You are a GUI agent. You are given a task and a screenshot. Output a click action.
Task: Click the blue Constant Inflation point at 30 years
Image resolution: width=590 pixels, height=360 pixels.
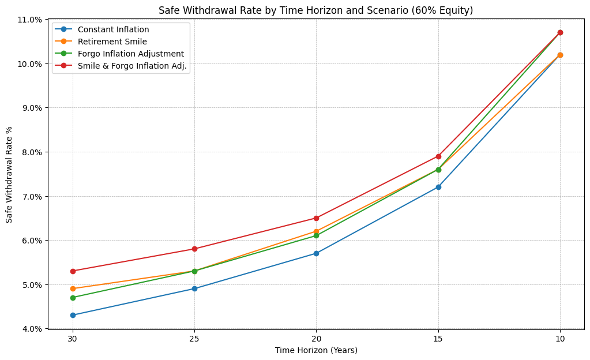pyautogui.click(x=73, y=315)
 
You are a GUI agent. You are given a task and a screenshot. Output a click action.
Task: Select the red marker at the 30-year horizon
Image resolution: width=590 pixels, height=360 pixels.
pyautogui.click(x=73, y=271)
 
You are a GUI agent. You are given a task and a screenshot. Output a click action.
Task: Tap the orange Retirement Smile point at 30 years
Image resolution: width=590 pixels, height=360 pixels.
pyautogui.click(x=73, y=288)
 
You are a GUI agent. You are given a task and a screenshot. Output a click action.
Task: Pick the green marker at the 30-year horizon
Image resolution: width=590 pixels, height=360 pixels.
pyautogui.click(x=73, y=298)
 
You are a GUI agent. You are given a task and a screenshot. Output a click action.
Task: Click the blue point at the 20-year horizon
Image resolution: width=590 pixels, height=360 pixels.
pyautogui.click(x=316, y=253)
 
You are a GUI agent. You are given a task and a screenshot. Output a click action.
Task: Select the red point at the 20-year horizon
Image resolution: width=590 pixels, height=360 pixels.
pyautogui.click(x=316, y=218)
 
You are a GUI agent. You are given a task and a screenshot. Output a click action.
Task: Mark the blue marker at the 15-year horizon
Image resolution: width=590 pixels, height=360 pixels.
pyautogui.click(x=438, y=187)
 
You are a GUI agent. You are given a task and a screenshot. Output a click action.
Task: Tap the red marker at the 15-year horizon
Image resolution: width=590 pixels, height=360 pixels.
pyautogui.click(x=438, y=156)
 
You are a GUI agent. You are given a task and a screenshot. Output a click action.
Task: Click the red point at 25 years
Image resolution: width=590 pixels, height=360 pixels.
pyautogui.click(x=194, y=249)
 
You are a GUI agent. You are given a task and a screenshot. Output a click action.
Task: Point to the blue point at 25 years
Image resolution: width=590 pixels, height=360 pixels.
pyautogui.click(x=194, y=288)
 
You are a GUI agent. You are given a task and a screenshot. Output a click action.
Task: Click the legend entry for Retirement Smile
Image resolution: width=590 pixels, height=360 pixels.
pyautogui.click(x=112, y=42)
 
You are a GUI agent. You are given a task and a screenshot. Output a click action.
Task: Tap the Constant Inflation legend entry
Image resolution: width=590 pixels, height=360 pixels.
pyautogui.click(x=114, y=29)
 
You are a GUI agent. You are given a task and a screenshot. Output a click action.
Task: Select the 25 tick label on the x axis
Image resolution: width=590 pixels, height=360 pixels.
pyautogui.click(x=194, y=337)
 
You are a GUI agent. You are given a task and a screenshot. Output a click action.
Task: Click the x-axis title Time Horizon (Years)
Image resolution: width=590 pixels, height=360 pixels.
pyautogui.click(x=316, y=350)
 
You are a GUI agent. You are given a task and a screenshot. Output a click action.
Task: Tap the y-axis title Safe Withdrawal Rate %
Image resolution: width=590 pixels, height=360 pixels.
pyautogui.click(x=9, y=174)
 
